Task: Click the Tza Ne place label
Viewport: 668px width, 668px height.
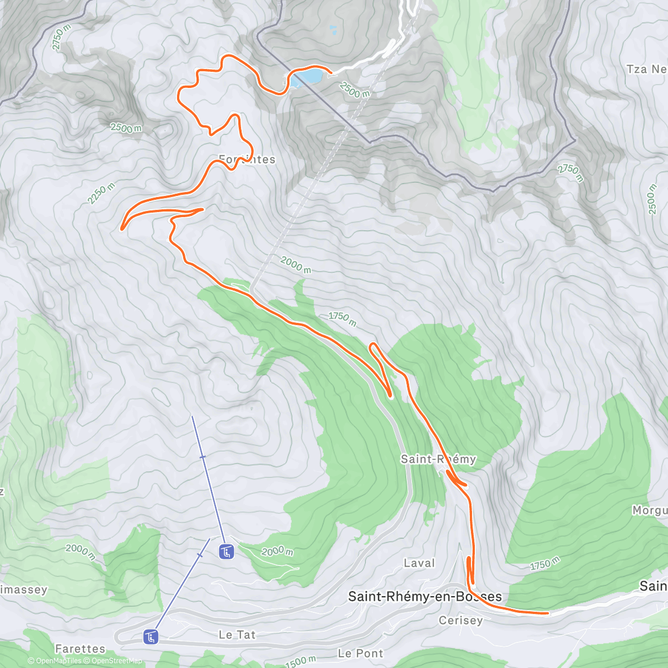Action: [646, 69]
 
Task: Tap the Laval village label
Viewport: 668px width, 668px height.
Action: [419, 563]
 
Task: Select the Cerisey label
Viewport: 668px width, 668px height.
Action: [460, 620]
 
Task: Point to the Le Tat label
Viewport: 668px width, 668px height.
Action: [237, 635]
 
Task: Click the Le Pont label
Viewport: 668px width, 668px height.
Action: [361, 653]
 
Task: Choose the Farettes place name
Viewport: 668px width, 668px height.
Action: [80, 649]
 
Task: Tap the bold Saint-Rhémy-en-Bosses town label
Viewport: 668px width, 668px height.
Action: [425, 597]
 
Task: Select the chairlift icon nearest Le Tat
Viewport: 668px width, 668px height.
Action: [150, 636]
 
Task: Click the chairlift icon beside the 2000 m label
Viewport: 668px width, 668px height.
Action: [227, 552]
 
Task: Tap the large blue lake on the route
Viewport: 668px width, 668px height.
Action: [306, 76]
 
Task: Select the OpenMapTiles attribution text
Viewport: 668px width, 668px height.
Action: [54, 661]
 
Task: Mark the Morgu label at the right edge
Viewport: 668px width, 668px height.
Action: [650, 510]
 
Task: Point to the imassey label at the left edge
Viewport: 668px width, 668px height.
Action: [23, 590]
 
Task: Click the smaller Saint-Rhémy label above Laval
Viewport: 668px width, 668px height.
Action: [438, 459]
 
